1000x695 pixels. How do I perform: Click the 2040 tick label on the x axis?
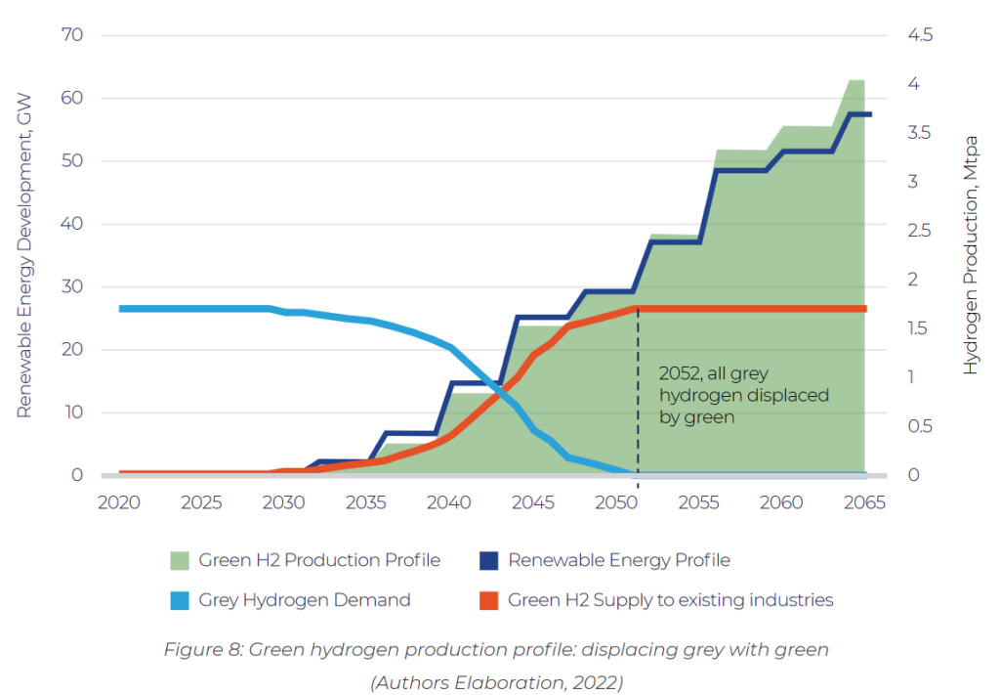click(x=450, y=502)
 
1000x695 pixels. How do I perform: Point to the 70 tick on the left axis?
click(x=74, y=35)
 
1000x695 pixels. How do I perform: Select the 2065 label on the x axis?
click(x=864, y=502)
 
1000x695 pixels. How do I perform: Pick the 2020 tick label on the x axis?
click(x=119, y=502)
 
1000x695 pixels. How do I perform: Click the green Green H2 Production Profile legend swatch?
click(x=179, y=560)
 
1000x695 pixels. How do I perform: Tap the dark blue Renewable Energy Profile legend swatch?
click(x=487, y=560)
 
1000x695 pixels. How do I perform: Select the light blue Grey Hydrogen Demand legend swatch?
click(x=179, y=599)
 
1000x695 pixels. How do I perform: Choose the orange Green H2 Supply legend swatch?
click(x=487, y=599)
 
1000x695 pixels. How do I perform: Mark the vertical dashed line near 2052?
click(x=638, y=411)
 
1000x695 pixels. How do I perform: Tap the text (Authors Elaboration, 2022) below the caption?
click(x=496, y=682)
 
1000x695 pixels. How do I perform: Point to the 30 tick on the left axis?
click(x=74, y=286)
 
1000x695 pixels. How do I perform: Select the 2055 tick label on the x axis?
click(x=699, y=502)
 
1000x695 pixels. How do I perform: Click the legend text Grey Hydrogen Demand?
click(x=304, y=599)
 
